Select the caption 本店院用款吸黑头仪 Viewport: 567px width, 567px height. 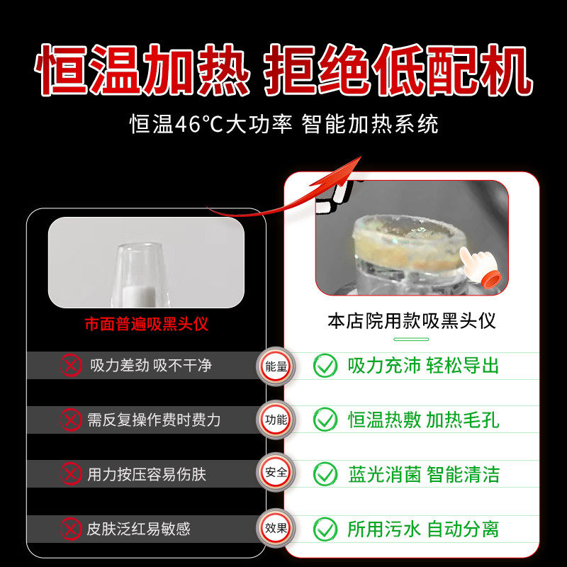tap(411, 321)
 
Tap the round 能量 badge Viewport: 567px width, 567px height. tap(276, 366)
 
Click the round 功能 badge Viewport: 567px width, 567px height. tap(276, 420)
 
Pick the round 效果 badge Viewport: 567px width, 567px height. tap(276, 528)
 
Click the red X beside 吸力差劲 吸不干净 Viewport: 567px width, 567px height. tap(70, 366)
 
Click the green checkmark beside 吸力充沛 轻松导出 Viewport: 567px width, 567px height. tap(325, 366)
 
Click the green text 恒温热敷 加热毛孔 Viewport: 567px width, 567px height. tap(423, 420)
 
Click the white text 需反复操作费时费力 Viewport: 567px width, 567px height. tap(154, 420)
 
